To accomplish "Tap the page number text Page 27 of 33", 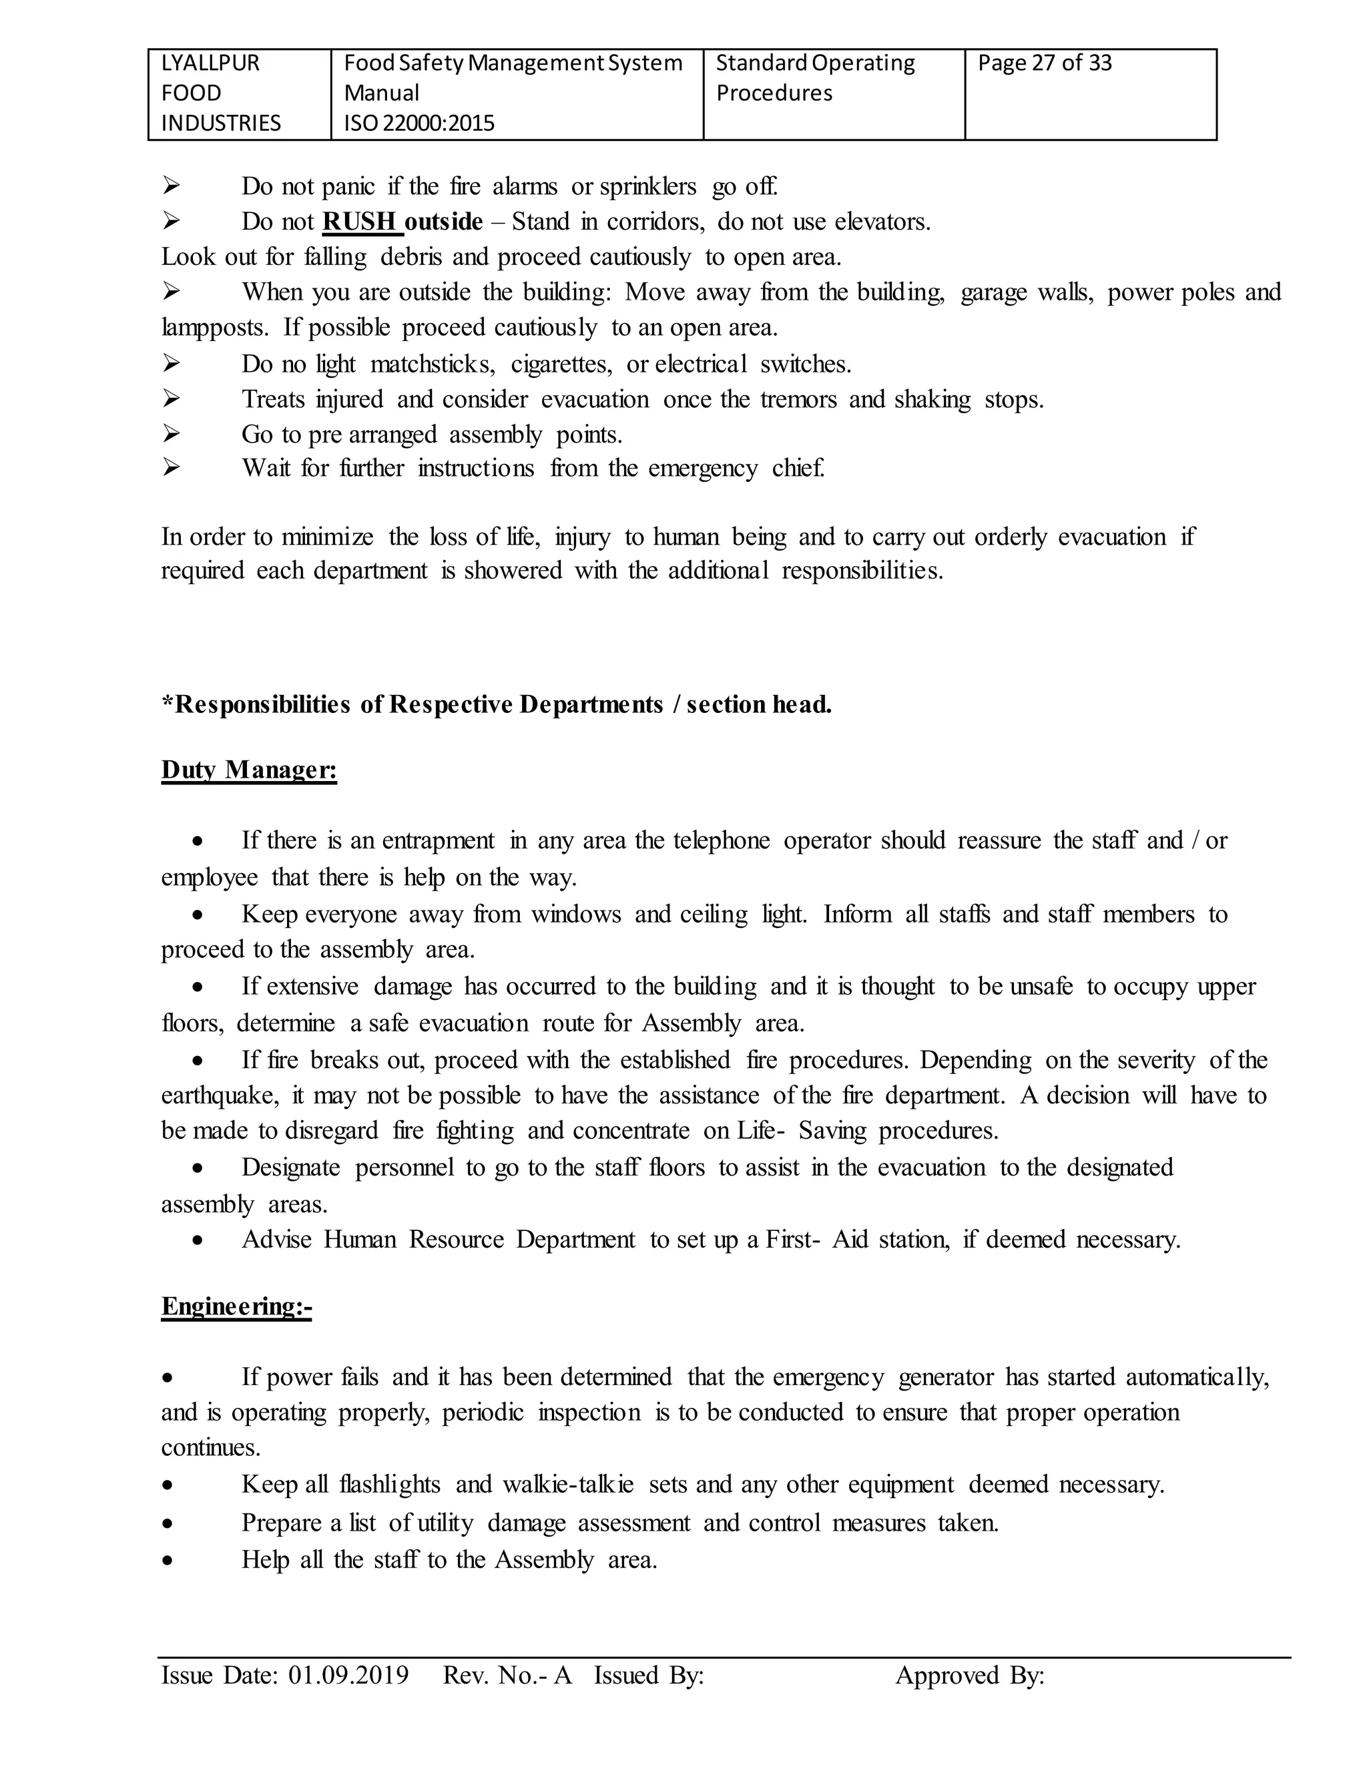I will click(1045, 63).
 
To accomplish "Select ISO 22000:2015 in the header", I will click(419, 123).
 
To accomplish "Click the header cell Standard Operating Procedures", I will click(815, 77).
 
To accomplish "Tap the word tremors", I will click(798, 399).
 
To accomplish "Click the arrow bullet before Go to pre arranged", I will click(171, 434).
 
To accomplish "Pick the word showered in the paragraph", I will click(513, 570).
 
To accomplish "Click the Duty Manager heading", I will click(248, 770).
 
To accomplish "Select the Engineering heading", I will click(236, 1306).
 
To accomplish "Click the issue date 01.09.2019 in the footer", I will click(348, 1675).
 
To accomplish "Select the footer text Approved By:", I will click(969, 1675).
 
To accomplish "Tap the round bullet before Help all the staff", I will click(167, 1561).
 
